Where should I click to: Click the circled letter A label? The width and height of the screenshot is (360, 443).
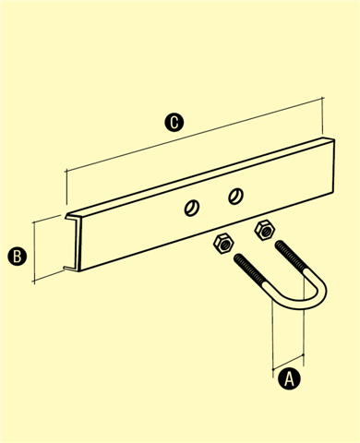(x=289, y=379)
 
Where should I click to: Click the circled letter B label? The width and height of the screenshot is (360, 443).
(x=18, y=257)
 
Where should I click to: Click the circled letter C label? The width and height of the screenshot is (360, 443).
(x=174, y=123)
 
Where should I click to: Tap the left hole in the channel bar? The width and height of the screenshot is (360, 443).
(x=192, y=208)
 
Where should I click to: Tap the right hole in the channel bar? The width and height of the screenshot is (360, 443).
(x=235, y=196)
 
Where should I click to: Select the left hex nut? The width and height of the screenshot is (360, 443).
(x=223, y=244)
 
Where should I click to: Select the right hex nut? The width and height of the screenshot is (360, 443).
(x=265, y=230)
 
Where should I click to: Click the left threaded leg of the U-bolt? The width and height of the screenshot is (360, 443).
(x=250, y=270)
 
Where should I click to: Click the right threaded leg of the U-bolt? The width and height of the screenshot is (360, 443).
(x=291, y=257)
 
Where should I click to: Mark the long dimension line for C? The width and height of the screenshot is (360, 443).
(x=195, y=135)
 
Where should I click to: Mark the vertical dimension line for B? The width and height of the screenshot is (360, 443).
(x=35, y=251)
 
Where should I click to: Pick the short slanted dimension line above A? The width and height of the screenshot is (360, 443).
(x=288, y=362)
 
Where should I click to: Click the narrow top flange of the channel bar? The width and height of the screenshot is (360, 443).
(x=200, y=176)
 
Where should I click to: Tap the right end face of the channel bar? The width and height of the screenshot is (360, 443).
(x=333, y=166)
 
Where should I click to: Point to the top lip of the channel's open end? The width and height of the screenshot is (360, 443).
(x=73, y=217)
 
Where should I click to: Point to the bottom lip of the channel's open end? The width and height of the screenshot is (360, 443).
(x=71, y=269)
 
